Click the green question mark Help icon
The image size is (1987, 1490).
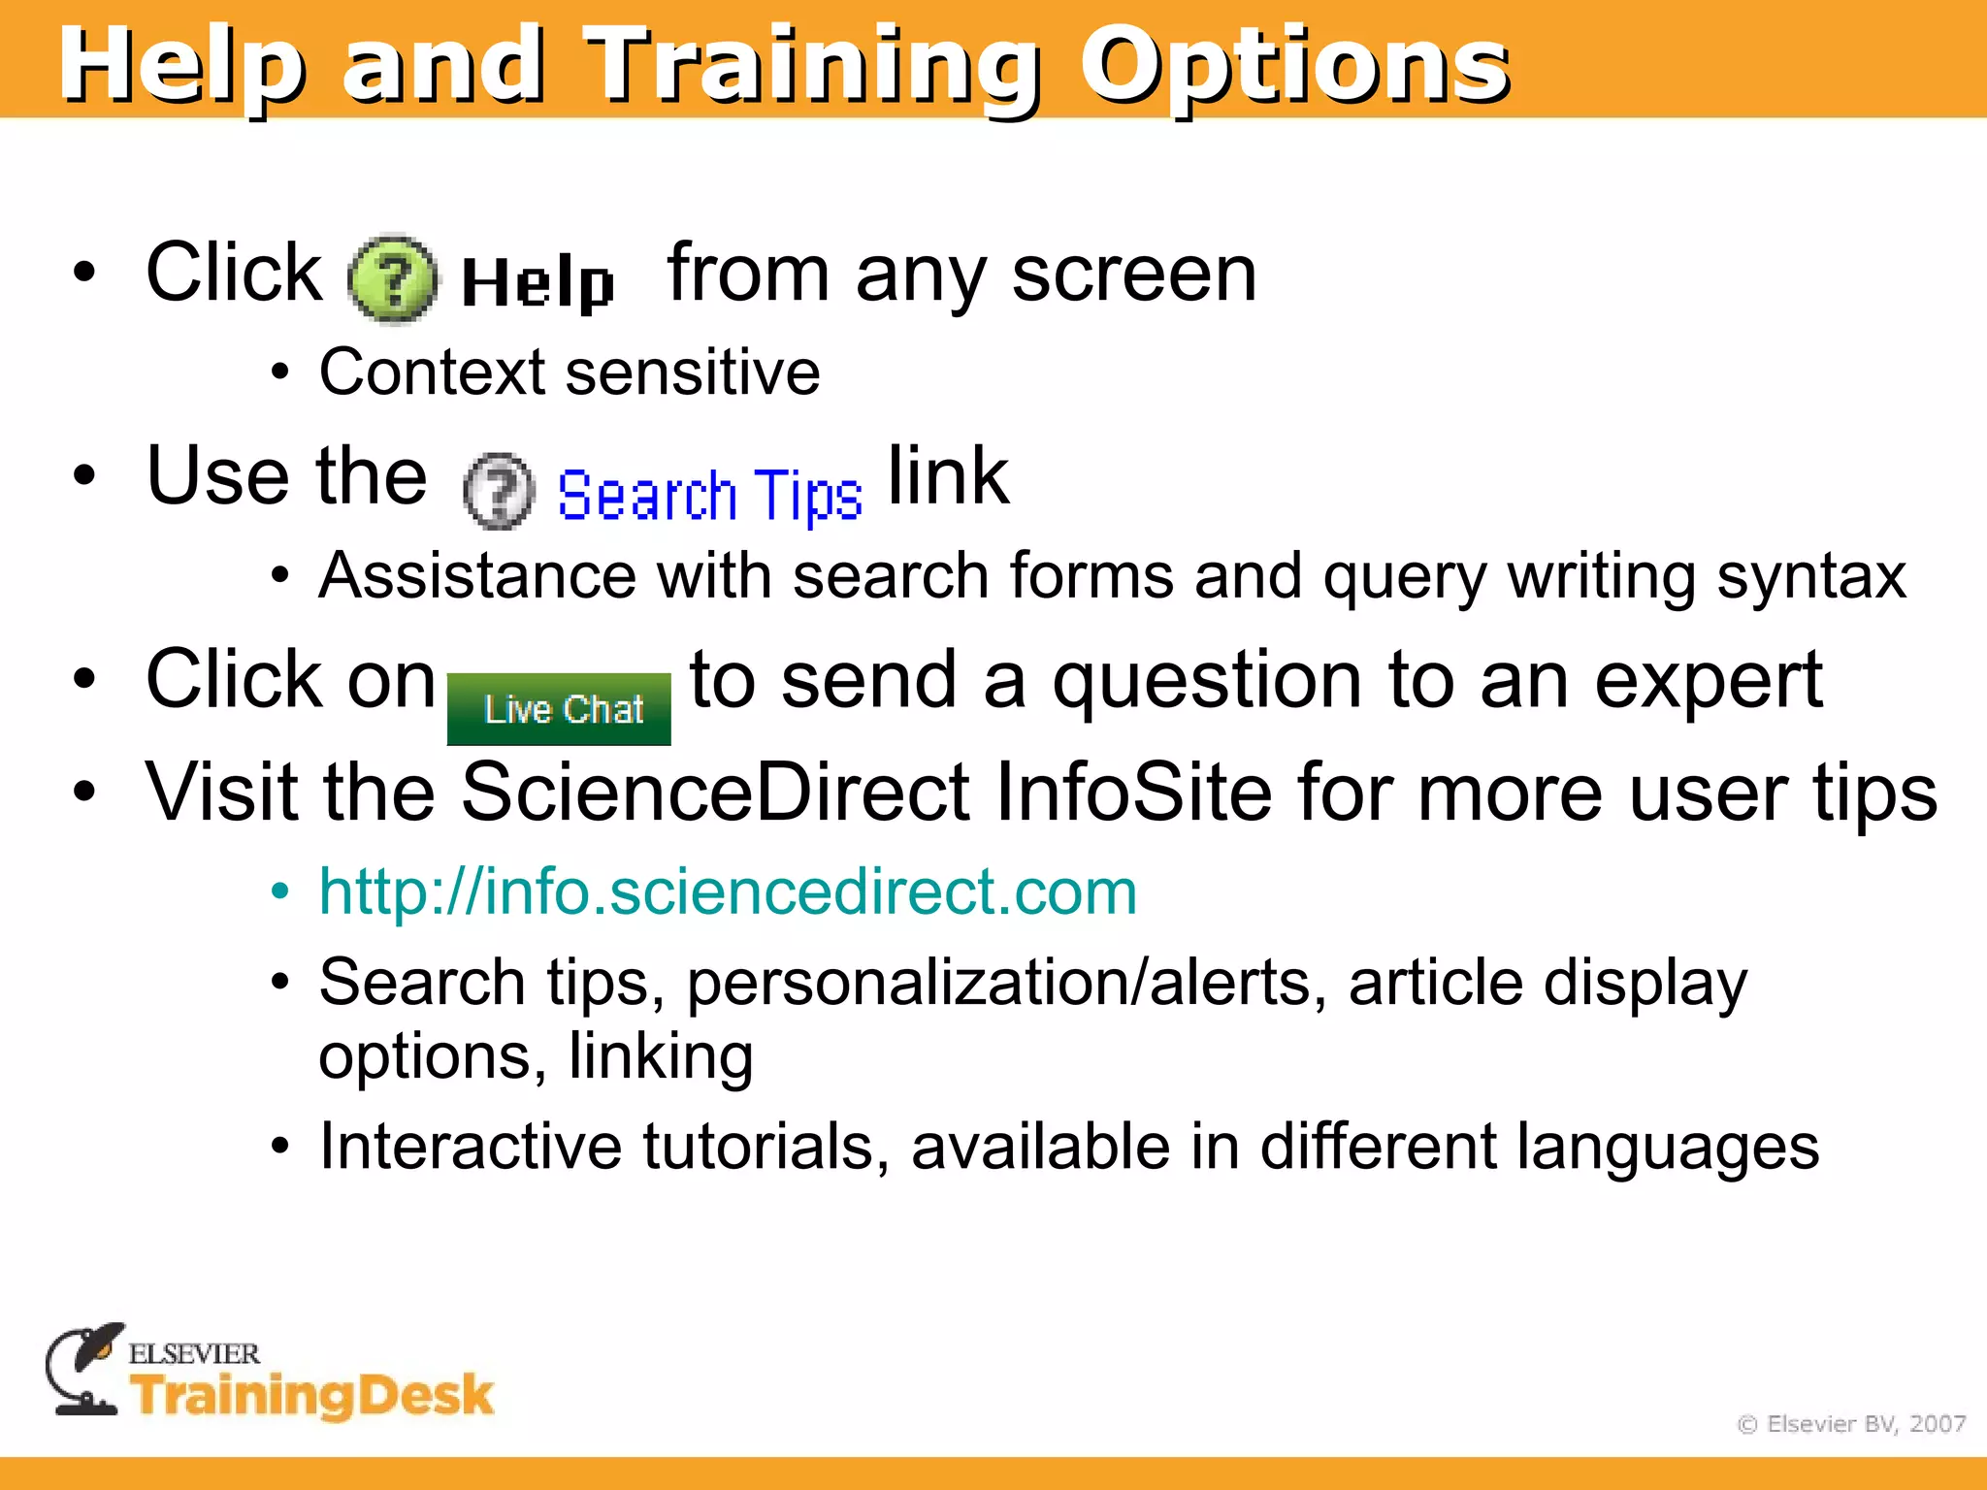point(392,279)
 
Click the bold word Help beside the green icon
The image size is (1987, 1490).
point(537,283)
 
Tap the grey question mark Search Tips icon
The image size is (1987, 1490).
point(499,491)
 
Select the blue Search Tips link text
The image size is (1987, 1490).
point(709,496)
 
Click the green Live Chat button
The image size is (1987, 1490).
point(559,709)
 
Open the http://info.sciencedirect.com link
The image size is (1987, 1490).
point(728,891)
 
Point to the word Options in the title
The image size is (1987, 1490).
point(1294,66)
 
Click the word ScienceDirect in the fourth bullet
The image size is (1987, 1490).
point(715,793)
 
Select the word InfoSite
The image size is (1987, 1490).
point(1133,793)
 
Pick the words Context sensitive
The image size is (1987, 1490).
point(570,372)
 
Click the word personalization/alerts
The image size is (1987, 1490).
point(1006,983)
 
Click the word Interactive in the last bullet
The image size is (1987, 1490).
point(470,1147)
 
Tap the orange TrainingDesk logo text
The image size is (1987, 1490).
point(312,1395)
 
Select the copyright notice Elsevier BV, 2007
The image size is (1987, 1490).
point(1851,1424)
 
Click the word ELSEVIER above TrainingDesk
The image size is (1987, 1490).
point(194,1353)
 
